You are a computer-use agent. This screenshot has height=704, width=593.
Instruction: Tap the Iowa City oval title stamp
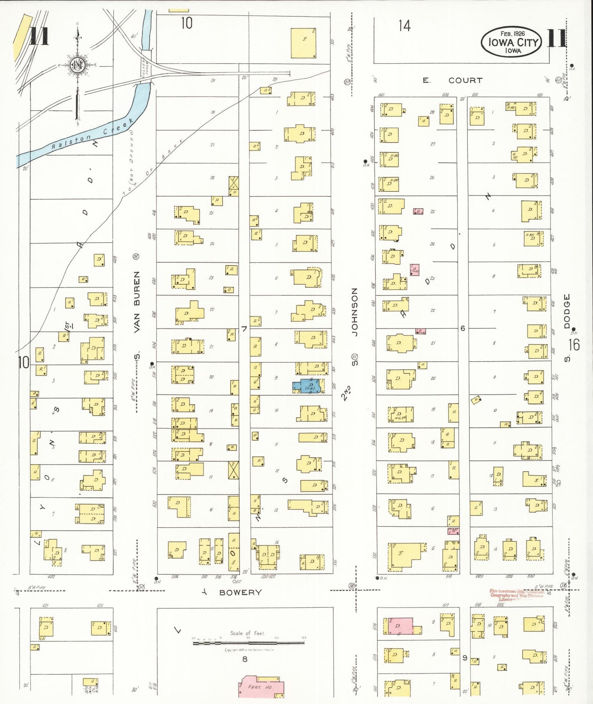[x=512, y=41]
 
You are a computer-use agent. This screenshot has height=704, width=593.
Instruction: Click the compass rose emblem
[x=77, y=65]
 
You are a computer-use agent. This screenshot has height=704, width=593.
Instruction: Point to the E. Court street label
[x=453, y=81]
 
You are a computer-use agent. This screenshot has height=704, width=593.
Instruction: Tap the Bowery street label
[x=240, y=592]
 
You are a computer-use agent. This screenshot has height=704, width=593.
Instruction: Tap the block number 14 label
[x=404, y=26]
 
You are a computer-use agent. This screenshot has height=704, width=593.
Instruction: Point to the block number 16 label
[x=574, y=345]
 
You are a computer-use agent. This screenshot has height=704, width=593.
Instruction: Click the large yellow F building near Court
[x=303, y=43]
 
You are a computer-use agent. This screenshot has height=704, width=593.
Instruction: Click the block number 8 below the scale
[x=245, y=659]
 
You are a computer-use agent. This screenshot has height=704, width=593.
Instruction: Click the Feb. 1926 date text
[x=512, y=33]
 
